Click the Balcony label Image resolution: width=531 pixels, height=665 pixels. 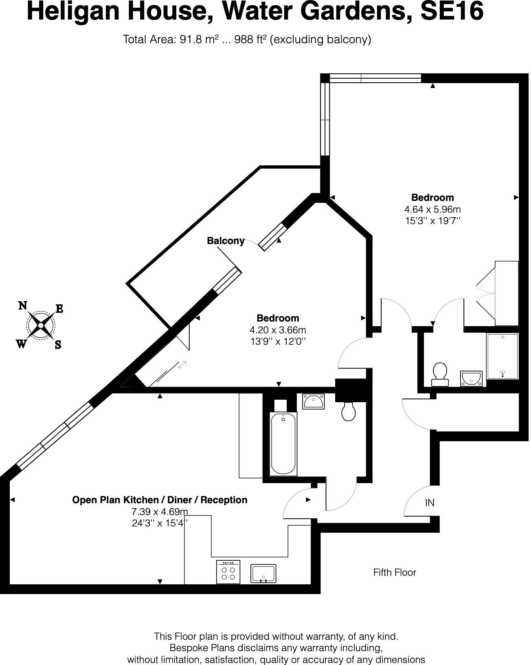[x=226, y=241]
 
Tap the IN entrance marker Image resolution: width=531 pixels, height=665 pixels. [x=430, y=503]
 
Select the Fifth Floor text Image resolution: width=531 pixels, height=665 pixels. [x=394, y=573]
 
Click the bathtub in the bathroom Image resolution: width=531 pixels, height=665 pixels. [x=283, y=443]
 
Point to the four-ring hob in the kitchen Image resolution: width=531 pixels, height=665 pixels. [x=228, y=572]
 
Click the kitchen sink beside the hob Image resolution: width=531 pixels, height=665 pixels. [x=263, y=574]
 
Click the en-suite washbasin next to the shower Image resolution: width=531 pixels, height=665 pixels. [x=472, y=378]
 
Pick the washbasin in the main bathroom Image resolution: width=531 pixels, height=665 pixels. [x=313, y=401]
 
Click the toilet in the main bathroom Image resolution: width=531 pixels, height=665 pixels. [x=349, y=412]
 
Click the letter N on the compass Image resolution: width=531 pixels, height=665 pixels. [x=23, y=306]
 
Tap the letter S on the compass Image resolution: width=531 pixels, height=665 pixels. [x=58, y=345]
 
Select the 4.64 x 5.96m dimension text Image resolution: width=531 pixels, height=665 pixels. [x=432, y=209]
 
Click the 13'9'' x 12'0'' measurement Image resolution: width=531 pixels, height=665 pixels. [x=278, y=341]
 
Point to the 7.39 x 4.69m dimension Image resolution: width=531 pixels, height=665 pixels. [x=160, y=512]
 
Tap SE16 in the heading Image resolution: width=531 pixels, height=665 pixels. [x=452, y=11]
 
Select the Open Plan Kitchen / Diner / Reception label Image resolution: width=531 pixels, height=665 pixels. [x=160, y=500]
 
